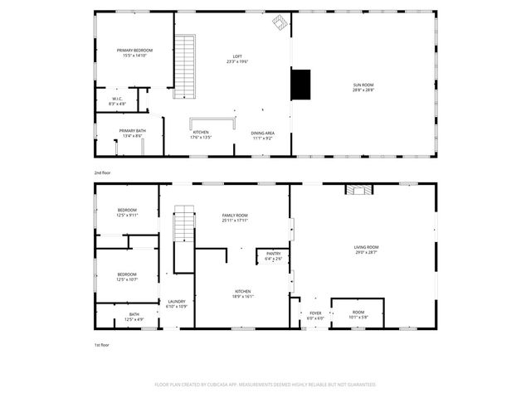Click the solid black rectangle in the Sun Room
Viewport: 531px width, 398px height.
(300, 84)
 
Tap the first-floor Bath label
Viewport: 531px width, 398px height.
(134, 317)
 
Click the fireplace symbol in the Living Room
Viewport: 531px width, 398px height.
(359, 190)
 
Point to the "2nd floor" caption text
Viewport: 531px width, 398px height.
(102, 172)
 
